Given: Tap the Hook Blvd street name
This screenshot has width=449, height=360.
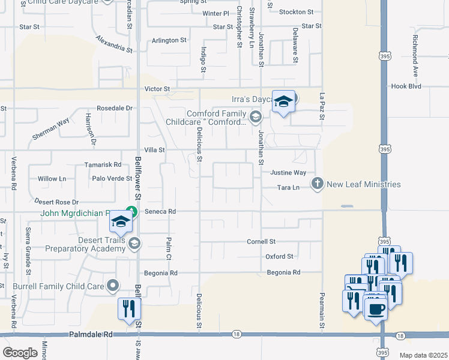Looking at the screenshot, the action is (408, 86).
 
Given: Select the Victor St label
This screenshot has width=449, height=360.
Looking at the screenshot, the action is (158, 89).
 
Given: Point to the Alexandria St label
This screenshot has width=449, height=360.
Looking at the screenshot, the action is (113, 44).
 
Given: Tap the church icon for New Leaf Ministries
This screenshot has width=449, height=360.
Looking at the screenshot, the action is (318, 184).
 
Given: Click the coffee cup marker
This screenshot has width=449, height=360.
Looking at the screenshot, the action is (376, 310).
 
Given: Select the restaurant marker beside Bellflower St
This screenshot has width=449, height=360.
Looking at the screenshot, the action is (129, 309).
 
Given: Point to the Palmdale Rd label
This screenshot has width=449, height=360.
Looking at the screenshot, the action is (91, 334).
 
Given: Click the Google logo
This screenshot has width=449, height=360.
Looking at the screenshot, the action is (20, 353).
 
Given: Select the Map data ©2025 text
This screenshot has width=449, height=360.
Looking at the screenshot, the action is (423, 355).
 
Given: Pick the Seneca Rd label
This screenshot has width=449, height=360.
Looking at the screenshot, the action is (163, 211).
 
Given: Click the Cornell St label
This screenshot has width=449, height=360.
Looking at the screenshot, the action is (261, 241).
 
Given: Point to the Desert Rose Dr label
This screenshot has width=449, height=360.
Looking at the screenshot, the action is (56, 202).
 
